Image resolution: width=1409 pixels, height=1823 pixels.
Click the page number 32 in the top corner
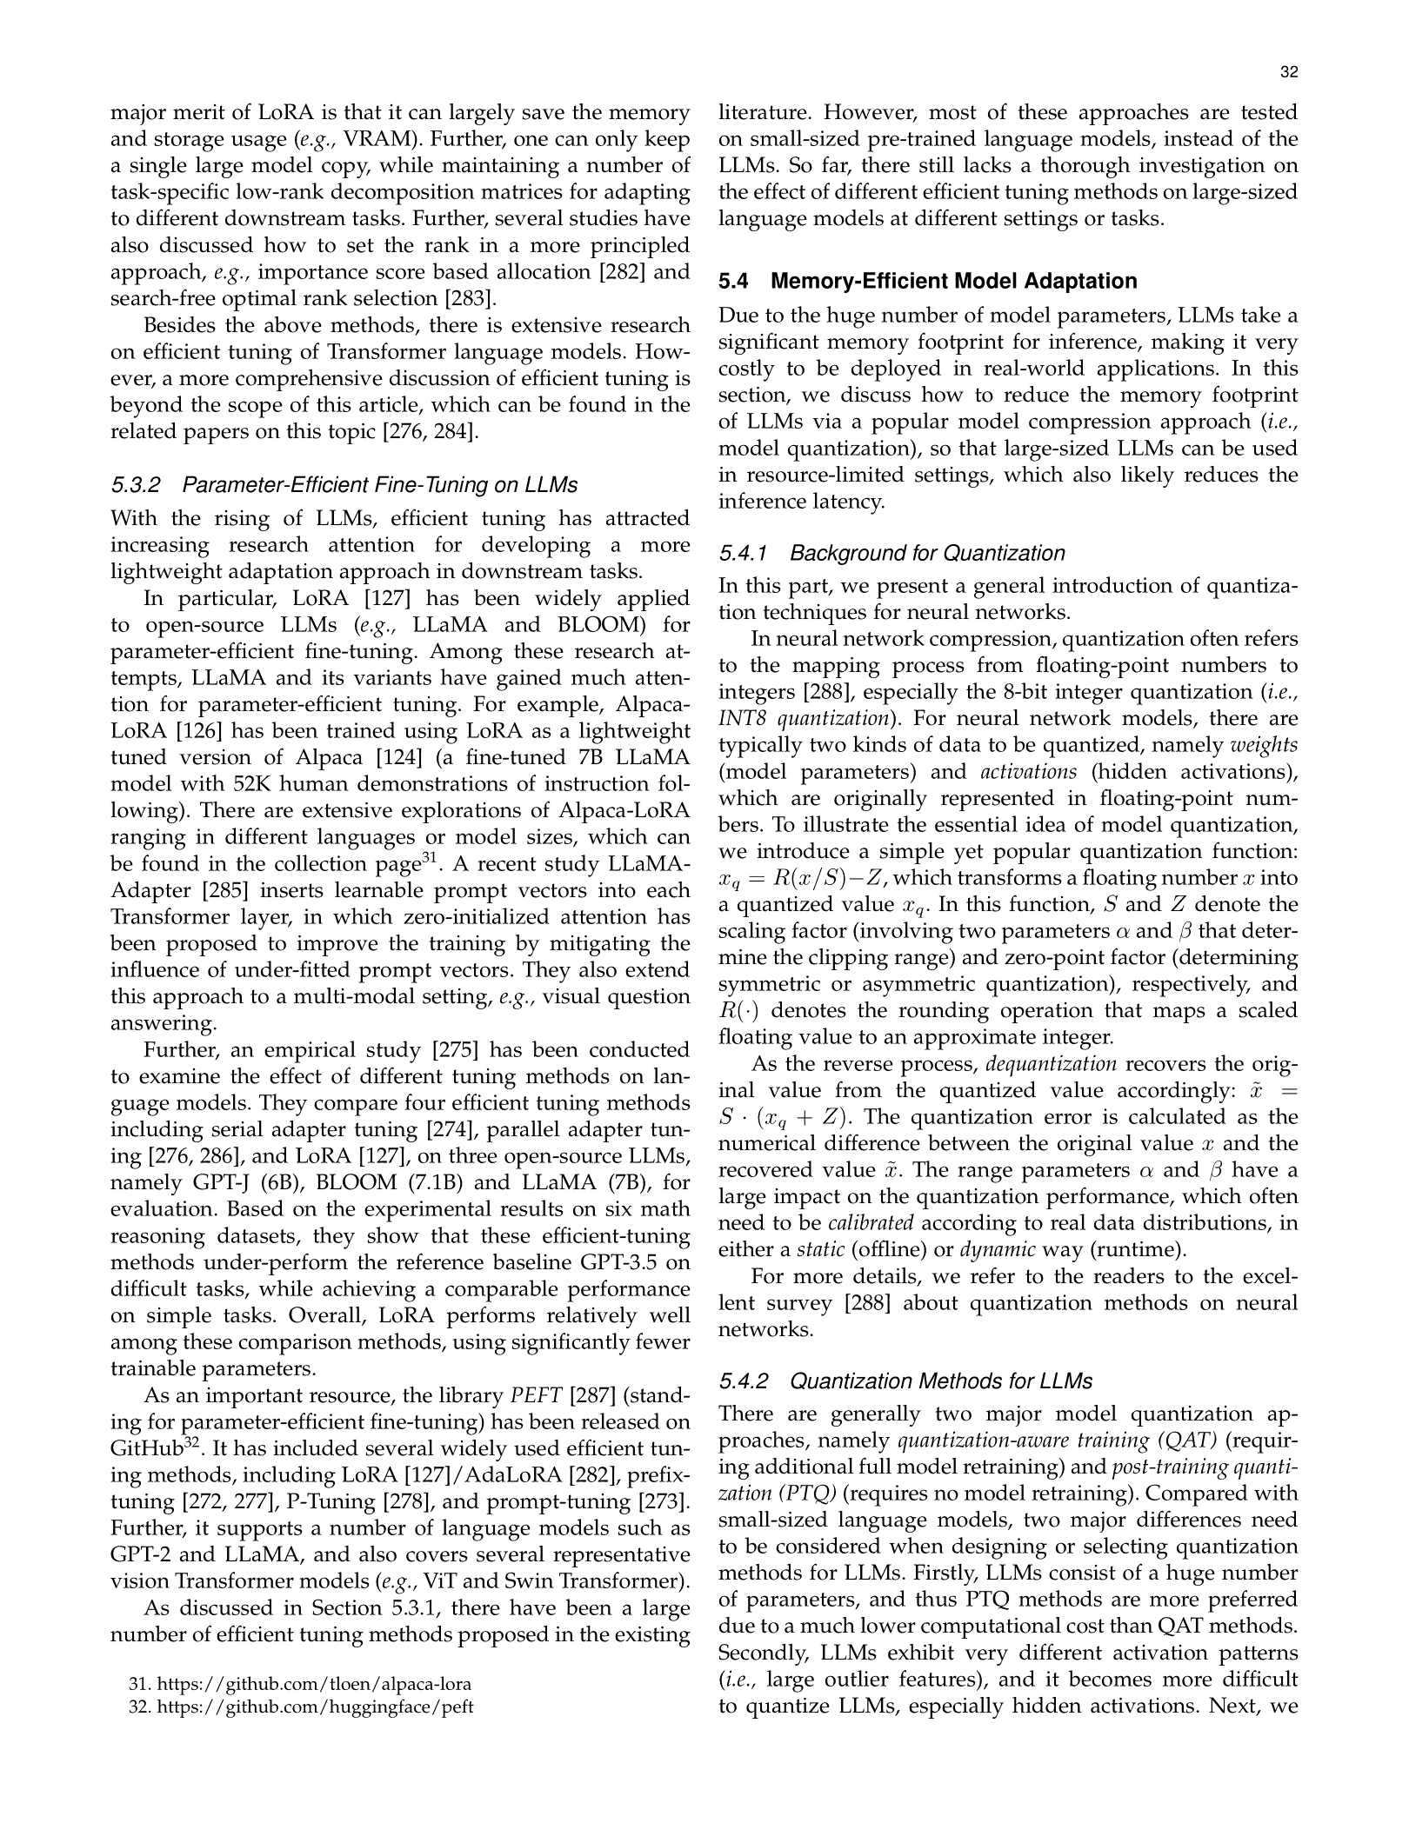[1289, 73]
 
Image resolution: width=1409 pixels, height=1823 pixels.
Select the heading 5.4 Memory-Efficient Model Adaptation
[927, 281]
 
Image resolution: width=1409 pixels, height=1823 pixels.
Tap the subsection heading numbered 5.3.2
[344, 484]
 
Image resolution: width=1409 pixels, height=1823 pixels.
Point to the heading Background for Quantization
[927, 553]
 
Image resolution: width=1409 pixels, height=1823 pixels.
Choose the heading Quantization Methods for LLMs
[941, 1381]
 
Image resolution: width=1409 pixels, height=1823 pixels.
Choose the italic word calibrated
[870, 1223]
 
